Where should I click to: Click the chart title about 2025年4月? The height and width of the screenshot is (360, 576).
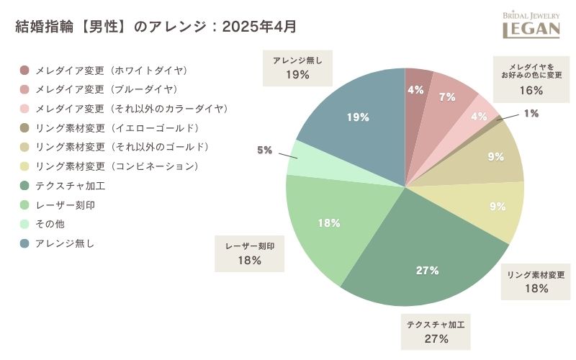click(156, 27)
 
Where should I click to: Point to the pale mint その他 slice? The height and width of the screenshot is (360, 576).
click(304, 158)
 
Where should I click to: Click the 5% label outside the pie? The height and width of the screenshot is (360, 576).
click(264, 150)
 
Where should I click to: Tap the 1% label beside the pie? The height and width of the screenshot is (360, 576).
click(531, 113)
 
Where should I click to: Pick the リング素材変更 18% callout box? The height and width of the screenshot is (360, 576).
click(536, 282)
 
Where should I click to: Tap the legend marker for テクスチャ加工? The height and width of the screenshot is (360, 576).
click(24, 186)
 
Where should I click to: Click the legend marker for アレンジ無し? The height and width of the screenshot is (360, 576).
click(24, 243)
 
